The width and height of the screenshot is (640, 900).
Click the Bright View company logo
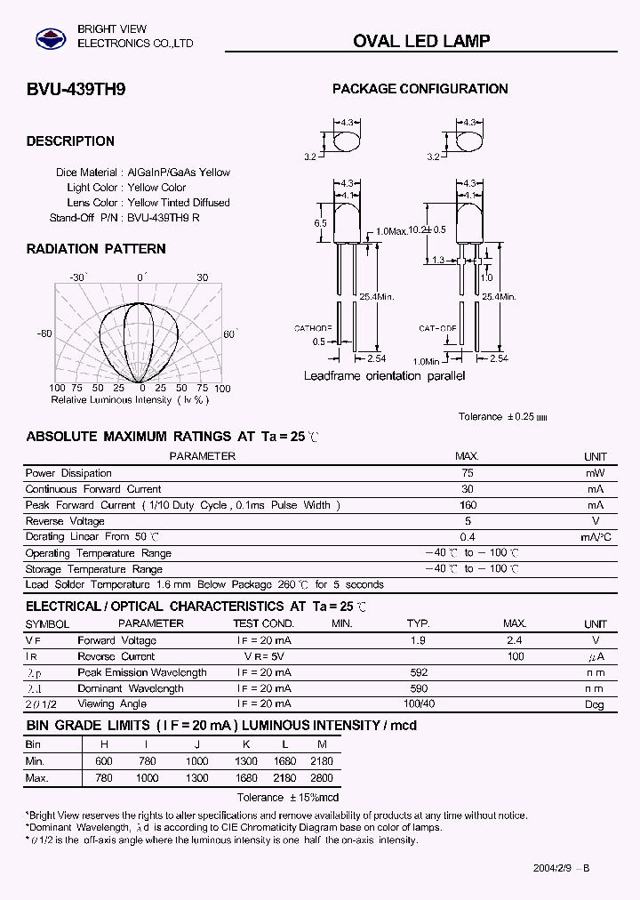point(50,38)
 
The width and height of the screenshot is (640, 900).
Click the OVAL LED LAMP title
point(421,41)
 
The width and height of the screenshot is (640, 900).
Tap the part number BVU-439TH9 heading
point(68,89)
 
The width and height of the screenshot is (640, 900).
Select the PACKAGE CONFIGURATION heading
point(420,89)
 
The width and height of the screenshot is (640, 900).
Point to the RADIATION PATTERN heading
point(96,249)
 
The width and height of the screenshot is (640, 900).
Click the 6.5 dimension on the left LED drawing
point(320,224)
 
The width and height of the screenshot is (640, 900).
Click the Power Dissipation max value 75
point(468,473)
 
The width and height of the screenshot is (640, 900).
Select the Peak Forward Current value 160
point(468,505)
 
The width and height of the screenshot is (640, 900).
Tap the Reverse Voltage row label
point(65,521)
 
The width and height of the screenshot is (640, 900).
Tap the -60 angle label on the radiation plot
point(44,333)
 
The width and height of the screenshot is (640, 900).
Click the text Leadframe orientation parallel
point(384,376)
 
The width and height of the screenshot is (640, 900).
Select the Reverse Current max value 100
point(515,656)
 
